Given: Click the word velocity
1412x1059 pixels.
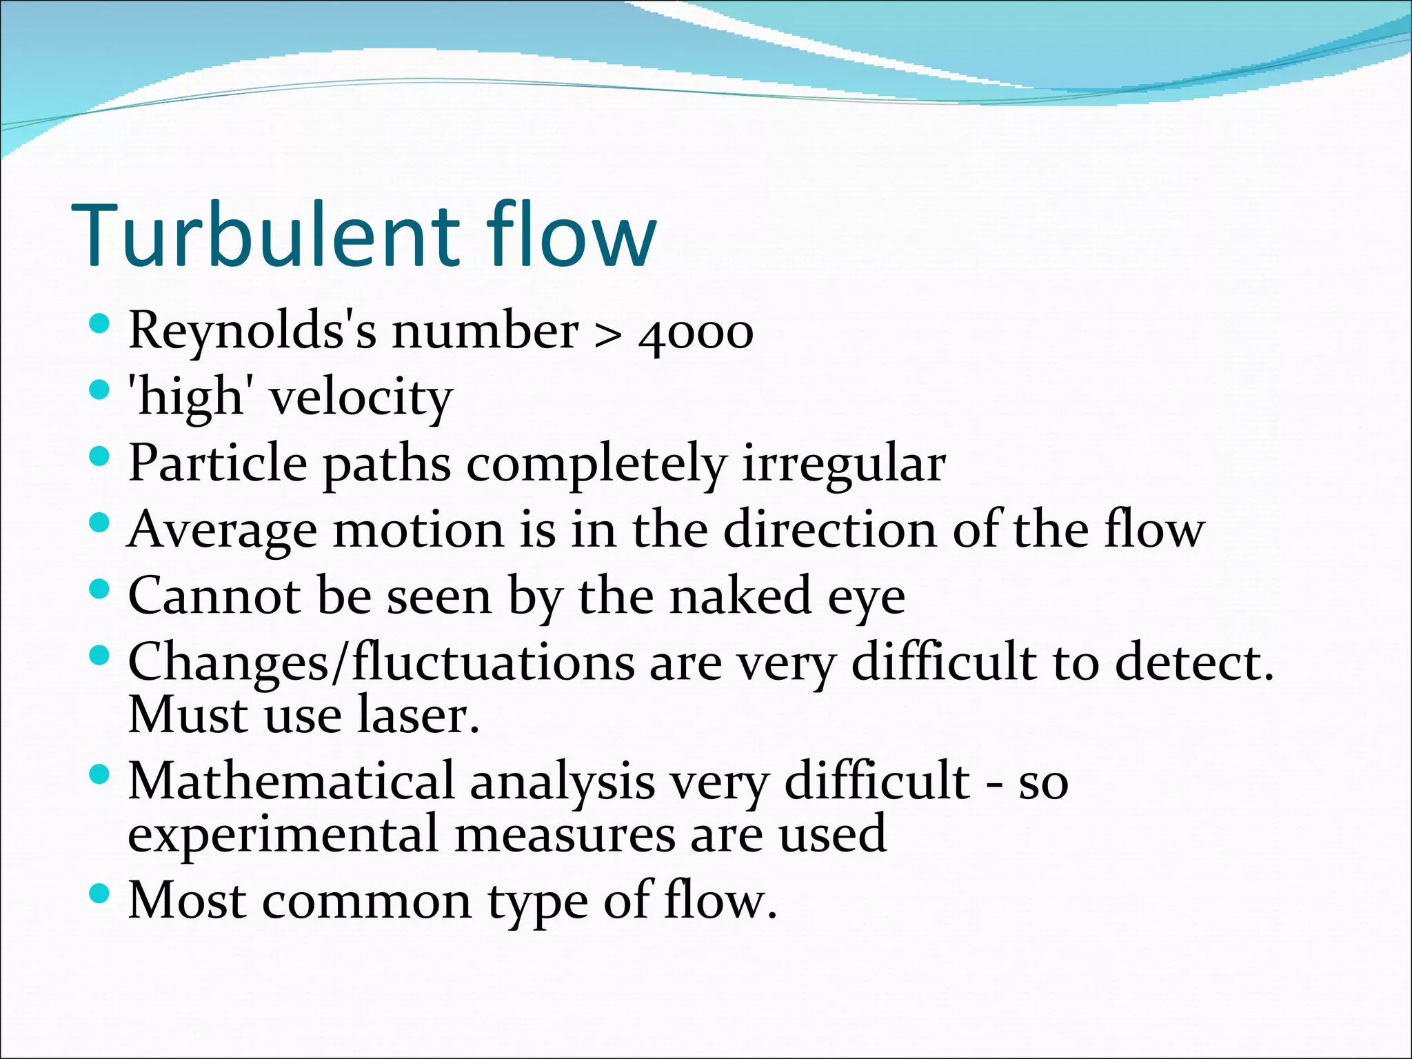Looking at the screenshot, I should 361,399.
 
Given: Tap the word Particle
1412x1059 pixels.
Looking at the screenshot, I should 218,463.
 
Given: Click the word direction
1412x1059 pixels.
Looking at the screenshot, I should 829,529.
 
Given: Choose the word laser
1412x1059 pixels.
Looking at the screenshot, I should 418,716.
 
